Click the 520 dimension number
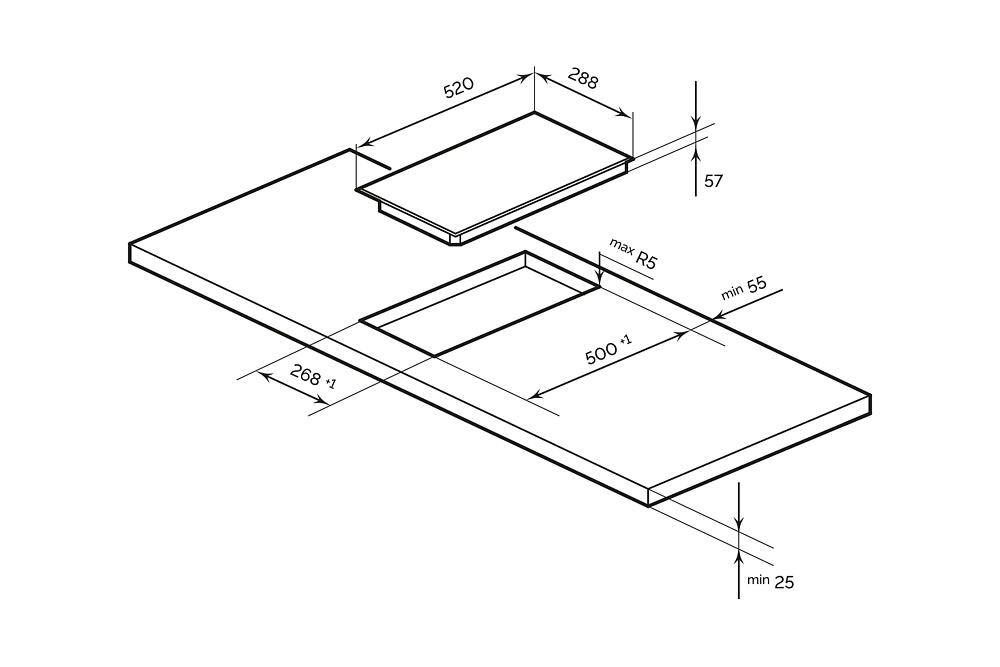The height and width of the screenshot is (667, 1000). pos(458,89)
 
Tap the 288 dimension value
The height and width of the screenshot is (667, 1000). pos(583,78)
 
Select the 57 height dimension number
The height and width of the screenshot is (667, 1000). pos(713,181)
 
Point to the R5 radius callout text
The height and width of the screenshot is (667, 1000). pos(646,261)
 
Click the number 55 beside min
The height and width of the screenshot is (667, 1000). pos(756,284)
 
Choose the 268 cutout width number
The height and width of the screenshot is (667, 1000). pos(305,375)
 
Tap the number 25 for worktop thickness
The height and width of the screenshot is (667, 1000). pos(784,582)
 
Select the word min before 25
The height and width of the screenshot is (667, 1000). pos(757,579)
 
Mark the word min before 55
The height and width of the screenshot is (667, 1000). pos(732,292)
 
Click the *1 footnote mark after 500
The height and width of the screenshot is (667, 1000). pos(626,341)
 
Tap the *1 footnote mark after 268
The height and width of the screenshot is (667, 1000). pos(331,384)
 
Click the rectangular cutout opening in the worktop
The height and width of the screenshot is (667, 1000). pos(480,305)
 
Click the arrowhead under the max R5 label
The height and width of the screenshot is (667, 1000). pos(598,280)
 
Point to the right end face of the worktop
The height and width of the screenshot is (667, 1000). pos(760,449)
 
